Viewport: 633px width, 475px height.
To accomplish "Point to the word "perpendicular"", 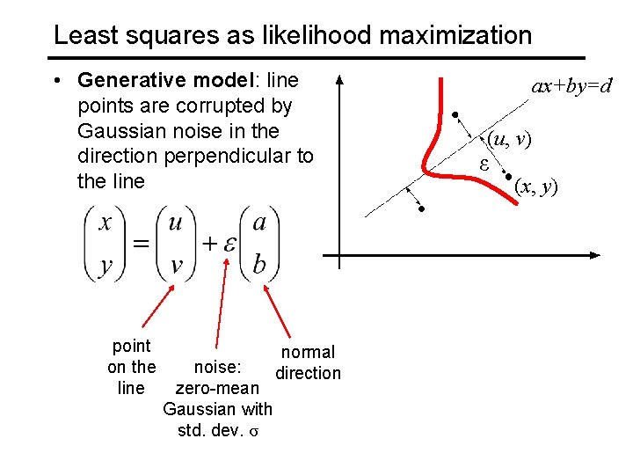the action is click(x=220, y=157).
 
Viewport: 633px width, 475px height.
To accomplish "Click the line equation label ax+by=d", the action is click(x=571, y=86).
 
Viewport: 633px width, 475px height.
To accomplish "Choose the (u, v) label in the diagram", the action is click(x=510, y=138).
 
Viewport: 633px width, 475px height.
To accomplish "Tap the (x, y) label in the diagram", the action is click(x=536, y=186).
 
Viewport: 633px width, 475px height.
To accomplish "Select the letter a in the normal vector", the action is click(x=259, y=223).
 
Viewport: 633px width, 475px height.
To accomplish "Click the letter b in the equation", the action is click(x=259, y=264).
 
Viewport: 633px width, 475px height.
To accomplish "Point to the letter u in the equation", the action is click(x=176, y=223).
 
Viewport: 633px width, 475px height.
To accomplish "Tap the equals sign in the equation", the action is click(x=140, y=244).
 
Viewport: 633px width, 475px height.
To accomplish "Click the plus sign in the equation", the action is click(x=209, y=244).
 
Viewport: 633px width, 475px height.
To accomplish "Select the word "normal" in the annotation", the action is click(x=308, y=353).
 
